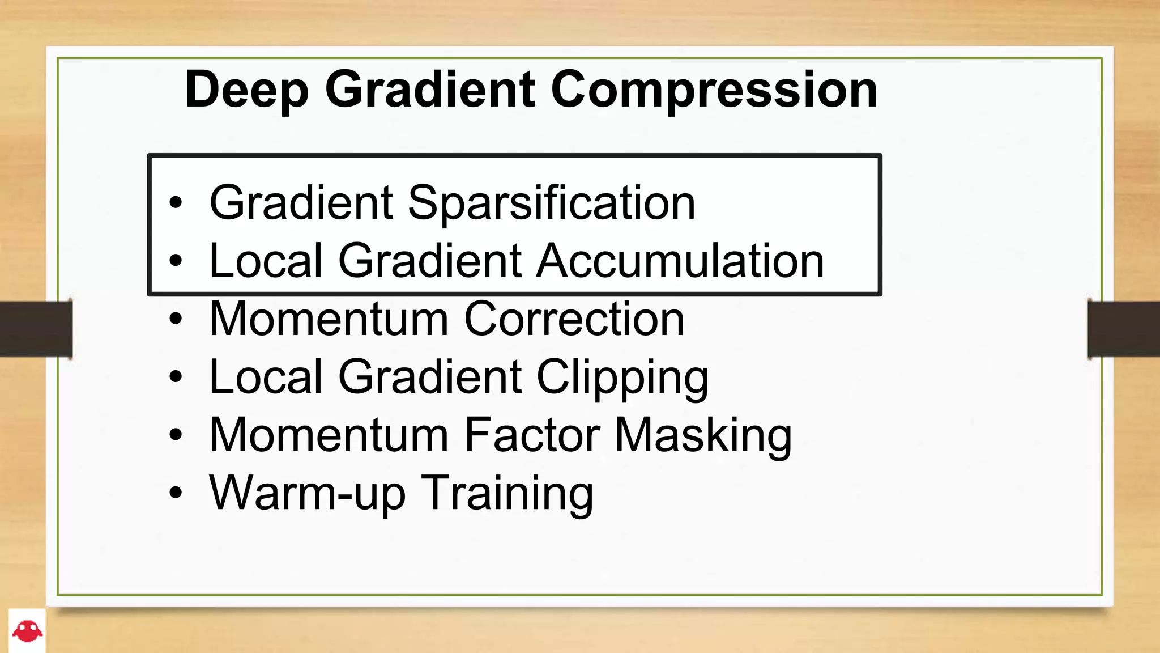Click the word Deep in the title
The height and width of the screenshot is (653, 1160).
point(247,91)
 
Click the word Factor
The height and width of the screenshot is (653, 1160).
point(532,435)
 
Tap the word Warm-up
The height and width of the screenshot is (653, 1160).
point(308,494)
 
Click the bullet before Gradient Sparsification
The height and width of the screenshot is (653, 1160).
point(176,203)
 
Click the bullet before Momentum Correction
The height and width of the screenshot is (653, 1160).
point(176,319)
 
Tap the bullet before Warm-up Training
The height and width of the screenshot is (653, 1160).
point(176,493)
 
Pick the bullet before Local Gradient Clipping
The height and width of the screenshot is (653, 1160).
point(176,377)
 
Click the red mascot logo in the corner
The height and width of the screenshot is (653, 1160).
point(27,631)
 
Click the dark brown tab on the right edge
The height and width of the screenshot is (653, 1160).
point(1124,329)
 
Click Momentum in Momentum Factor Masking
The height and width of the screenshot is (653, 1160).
point(329,435)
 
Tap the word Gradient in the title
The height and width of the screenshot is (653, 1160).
point(429,91)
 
